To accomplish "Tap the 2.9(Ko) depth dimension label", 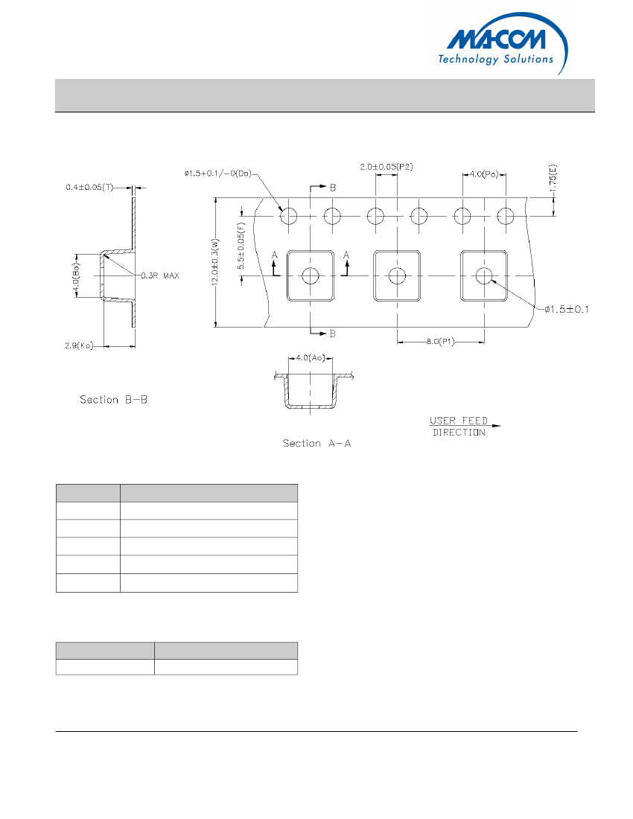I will [79, 346].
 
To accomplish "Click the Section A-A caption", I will [316, 443].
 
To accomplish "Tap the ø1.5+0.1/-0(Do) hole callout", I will [217, 173].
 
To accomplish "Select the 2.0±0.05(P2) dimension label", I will [387, 167].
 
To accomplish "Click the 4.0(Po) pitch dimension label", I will [485, 174].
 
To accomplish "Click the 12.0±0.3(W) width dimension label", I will [215, 263].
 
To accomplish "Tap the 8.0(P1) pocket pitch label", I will [440, 341].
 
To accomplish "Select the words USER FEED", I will [458, 421].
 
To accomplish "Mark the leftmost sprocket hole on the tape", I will [288, 216].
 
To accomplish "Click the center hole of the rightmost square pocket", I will [484, 275].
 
